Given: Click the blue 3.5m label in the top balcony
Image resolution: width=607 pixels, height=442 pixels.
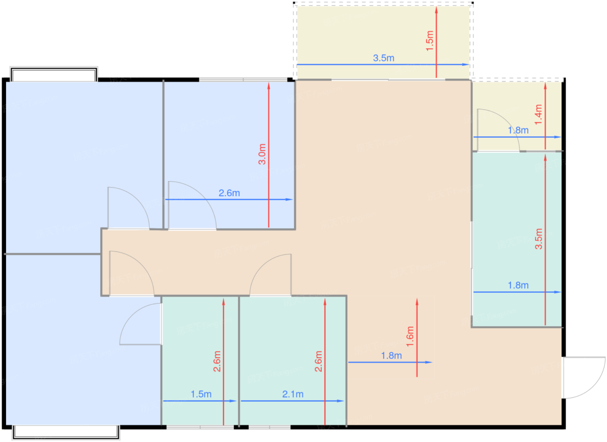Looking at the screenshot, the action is pyautogui.click(x=383, y=58).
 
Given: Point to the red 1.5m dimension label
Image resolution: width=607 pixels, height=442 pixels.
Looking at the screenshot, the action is pyautogui.click(x=430, y=41).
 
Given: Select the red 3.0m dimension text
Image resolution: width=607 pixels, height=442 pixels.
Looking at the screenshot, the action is pyautogui.click(x=262, y=154).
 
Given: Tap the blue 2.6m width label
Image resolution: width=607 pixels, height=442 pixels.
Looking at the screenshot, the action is pyautogui.click(x=229, y=193).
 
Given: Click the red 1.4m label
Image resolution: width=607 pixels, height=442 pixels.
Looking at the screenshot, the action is pyautogui.click(x=538, y=114).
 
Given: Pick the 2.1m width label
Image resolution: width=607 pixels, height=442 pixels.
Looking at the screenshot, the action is pyautogui.click(x=293, y=394).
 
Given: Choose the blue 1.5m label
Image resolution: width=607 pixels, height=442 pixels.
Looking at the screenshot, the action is pyautogui.click(x=201, y=394).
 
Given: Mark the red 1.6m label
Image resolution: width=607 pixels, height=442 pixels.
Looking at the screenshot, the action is pyautogui.click(x=410, y=336).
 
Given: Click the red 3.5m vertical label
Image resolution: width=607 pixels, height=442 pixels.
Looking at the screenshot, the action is pyautogui.click(x=538, y=239).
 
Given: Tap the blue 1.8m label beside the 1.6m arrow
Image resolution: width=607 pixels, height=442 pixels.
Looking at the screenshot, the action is pyautogui.click(x=391, y=356).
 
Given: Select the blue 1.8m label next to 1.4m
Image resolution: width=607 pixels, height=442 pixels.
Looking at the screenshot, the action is pyautogui.click(x=518, y=130).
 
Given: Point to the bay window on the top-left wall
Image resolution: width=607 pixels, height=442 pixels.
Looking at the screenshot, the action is pyautogui.click(x=54, y=74).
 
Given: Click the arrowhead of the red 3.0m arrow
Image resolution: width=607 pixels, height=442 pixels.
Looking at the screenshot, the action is pyautogui.click(x=269, y=86).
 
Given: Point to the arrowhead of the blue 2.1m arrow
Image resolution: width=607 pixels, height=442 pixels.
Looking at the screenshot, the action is pyautogui.click(x=341, y=401).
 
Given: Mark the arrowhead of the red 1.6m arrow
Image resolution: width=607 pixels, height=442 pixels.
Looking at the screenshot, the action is pyautogui.click(x=417, y=302).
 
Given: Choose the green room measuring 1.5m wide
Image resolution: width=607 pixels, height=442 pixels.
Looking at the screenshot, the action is pyautogui.click(x=200, y=361).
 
